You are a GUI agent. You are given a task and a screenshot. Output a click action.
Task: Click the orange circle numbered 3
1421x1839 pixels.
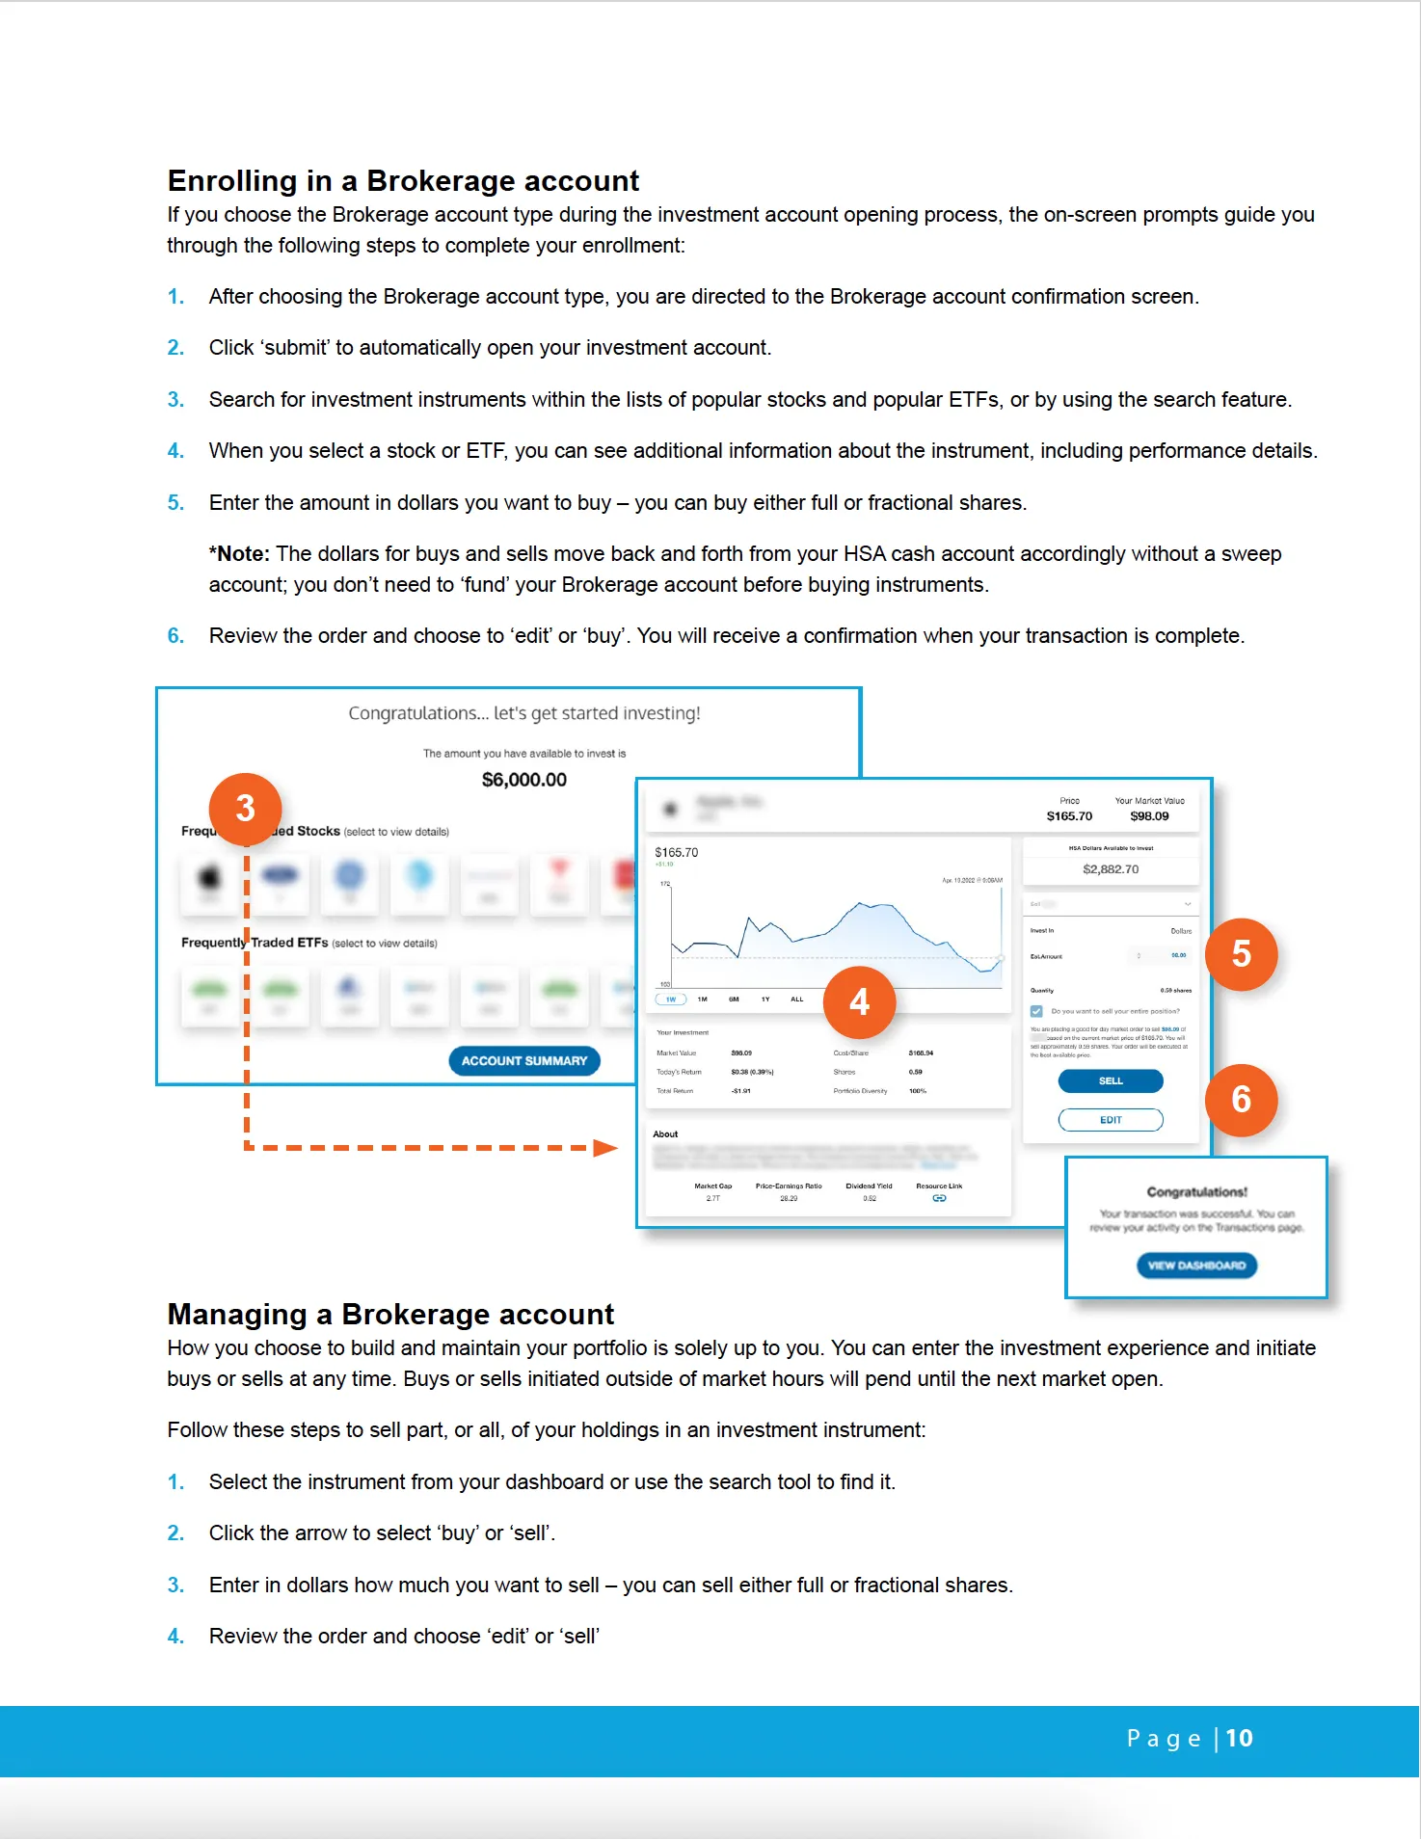coord(245,809)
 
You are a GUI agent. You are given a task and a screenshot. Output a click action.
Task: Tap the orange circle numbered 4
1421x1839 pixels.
coord(859,1002)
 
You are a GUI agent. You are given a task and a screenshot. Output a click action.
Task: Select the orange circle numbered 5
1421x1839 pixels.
coord(1241,954)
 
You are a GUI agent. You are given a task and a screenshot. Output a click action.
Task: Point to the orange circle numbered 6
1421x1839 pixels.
coord(1241,1100)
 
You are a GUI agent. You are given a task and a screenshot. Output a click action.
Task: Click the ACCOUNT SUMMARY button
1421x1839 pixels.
coord(524,1061)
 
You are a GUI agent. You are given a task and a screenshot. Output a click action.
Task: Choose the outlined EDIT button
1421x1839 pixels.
coord(1111,1120)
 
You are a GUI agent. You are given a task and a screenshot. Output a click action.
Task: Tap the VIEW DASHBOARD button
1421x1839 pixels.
coord(1196,1266)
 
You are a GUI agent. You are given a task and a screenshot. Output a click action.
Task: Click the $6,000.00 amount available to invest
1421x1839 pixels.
coord(524,780)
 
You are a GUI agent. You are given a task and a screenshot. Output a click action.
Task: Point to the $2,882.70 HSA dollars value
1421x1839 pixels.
coord(1111,869)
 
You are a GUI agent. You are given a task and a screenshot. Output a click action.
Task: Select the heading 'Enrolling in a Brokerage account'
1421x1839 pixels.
coord(403,181)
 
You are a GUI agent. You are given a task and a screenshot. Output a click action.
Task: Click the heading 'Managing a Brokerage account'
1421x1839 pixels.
coord(390,1315)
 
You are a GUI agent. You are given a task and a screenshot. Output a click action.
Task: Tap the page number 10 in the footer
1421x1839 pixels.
coord(1239,1739)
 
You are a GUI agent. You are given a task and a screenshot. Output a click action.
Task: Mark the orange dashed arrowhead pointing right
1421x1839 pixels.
coord(604,1147)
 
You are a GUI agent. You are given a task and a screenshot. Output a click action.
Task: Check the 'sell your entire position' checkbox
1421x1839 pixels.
coord(1036,1011)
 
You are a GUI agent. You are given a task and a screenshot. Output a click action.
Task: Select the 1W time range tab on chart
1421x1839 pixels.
coord(671,999)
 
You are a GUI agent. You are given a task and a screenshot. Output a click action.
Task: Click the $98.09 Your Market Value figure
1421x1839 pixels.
coord(1149,816)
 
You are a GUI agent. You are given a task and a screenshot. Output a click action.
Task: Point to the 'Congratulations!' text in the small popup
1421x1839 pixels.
coord(1196,1192)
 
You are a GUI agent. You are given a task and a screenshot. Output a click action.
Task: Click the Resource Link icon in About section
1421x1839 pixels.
coord(939,1198)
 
